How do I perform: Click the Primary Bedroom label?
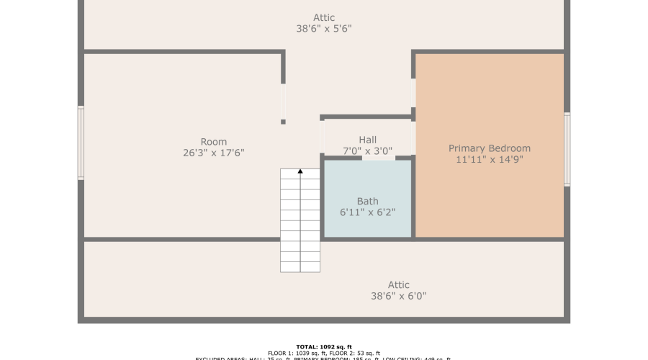489,148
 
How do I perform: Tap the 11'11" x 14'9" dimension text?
489,160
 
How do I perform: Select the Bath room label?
367,201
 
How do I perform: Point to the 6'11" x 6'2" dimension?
367,212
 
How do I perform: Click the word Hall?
367,140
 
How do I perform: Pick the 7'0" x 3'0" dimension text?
367,151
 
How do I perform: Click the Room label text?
214,142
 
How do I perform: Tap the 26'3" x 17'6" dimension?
214,153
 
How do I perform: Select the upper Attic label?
324,18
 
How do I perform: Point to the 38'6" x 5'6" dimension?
324,30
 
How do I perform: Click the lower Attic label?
398,285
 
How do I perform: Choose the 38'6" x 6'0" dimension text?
398,296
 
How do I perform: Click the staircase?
300,223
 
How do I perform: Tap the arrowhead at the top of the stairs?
300,171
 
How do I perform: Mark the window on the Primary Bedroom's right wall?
567,149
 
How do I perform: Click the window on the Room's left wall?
81,143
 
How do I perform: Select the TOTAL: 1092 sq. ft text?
323,346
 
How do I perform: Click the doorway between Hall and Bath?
378,157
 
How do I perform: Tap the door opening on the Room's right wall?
283,102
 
